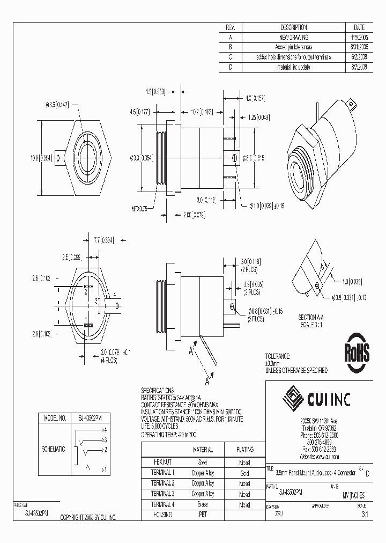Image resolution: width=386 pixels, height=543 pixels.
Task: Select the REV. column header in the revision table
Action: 231,27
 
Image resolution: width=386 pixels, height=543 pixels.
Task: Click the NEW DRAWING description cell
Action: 294,37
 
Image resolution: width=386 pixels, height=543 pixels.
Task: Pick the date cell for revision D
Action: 359,68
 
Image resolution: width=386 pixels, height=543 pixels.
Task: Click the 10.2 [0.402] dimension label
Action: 202,112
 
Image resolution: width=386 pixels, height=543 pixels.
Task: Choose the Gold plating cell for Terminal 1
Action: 244,473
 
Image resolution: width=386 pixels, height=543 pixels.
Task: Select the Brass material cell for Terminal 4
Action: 203,504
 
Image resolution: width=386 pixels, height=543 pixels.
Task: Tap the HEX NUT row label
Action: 162,462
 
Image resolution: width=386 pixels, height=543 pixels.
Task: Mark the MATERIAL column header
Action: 203,450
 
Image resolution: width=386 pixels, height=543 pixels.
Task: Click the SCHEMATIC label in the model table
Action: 54,448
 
